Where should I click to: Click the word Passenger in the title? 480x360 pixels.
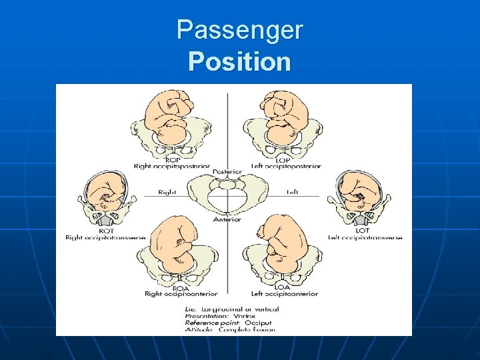click(239, 30)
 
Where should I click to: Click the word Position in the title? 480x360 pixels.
click(239, 61)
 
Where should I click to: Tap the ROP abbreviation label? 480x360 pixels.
click(171, 159)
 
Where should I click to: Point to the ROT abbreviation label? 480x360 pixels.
click(105, 230)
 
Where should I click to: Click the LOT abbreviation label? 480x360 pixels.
click(363, 230)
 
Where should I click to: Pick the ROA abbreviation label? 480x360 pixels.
click(171, 287)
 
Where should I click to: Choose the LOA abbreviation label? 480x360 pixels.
click(283, 287)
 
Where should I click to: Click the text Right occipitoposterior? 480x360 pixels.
click(171, 166)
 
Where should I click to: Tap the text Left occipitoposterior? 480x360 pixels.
click(286, 166)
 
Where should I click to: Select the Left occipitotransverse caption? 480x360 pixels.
click(365, 237)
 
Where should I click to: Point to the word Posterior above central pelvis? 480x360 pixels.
click(227, 172)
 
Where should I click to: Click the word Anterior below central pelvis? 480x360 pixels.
click(227, 219)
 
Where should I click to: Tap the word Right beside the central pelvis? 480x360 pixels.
click(167, 192)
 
